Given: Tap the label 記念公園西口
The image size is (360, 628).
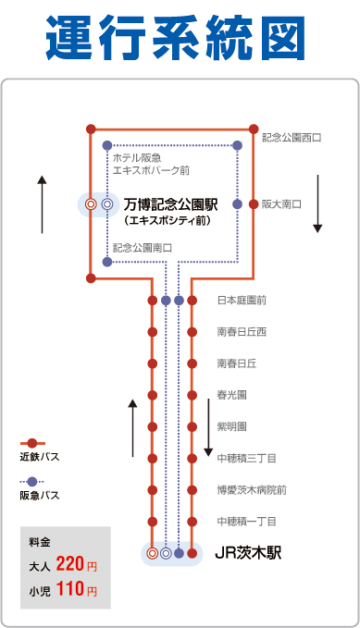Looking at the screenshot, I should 292,138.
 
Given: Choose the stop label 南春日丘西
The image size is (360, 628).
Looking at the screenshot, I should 242,331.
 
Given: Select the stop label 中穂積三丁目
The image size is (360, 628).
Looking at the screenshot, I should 247,458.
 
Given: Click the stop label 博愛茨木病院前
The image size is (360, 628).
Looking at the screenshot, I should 252,490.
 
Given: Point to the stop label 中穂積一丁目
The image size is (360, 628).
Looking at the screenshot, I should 247,522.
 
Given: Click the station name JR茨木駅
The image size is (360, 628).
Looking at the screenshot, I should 247,554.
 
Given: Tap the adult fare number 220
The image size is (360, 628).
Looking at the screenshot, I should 70,563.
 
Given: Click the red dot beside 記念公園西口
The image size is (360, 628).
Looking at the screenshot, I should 252,129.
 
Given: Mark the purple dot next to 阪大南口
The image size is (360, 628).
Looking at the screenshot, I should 237,203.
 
